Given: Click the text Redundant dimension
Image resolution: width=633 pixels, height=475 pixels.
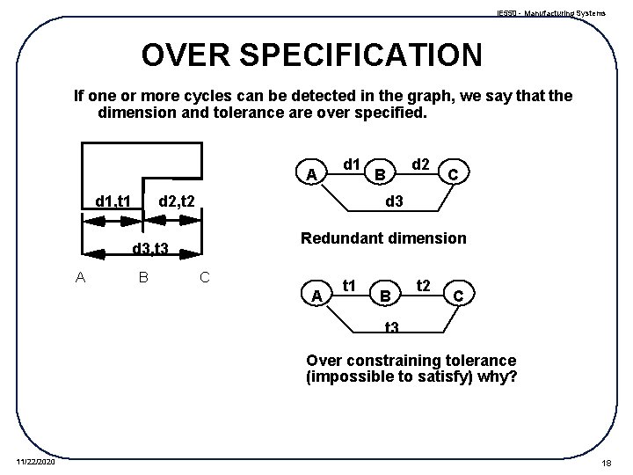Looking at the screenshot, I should coord(383,238).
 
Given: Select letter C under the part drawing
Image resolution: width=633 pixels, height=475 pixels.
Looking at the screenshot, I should coord(203,278).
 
